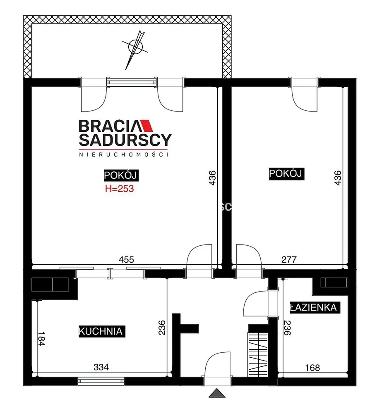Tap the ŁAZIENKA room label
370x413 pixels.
click(314, 307)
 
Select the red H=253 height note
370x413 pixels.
click(119, 189)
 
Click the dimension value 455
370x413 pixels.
click(126, 260)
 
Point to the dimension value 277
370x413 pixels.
click(289, 260)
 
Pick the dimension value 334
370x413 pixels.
click(101, 367)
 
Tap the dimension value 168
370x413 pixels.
click(312, 368)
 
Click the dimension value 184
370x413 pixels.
click(41, 339)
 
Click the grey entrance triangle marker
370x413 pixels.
click(217, 393)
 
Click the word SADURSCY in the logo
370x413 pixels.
click(125, 140)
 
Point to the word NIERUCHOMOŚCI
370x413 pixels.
click(123, 154)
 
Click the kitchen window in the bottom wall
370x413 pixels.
click(101, 381)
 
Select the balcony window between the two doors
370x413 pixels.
click(132, 82)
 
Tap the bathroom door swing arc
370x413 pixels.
click(256, 303)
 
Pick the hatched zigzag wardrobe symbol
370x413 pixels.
click(258, 354)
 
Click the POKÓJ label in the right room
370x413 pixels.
click(286, 173)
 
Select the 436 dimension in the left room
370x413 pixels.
click(212, 178)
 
